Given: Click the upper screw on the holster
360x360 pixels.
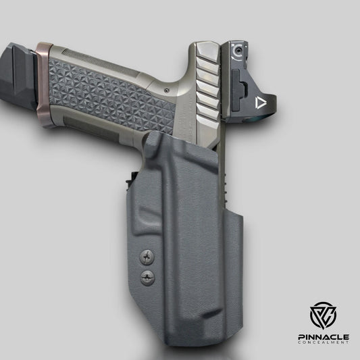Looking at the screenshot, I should (x=147, y=257).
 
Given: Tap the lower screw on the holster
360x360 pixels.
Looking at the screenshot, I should (x=147, y=277).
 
